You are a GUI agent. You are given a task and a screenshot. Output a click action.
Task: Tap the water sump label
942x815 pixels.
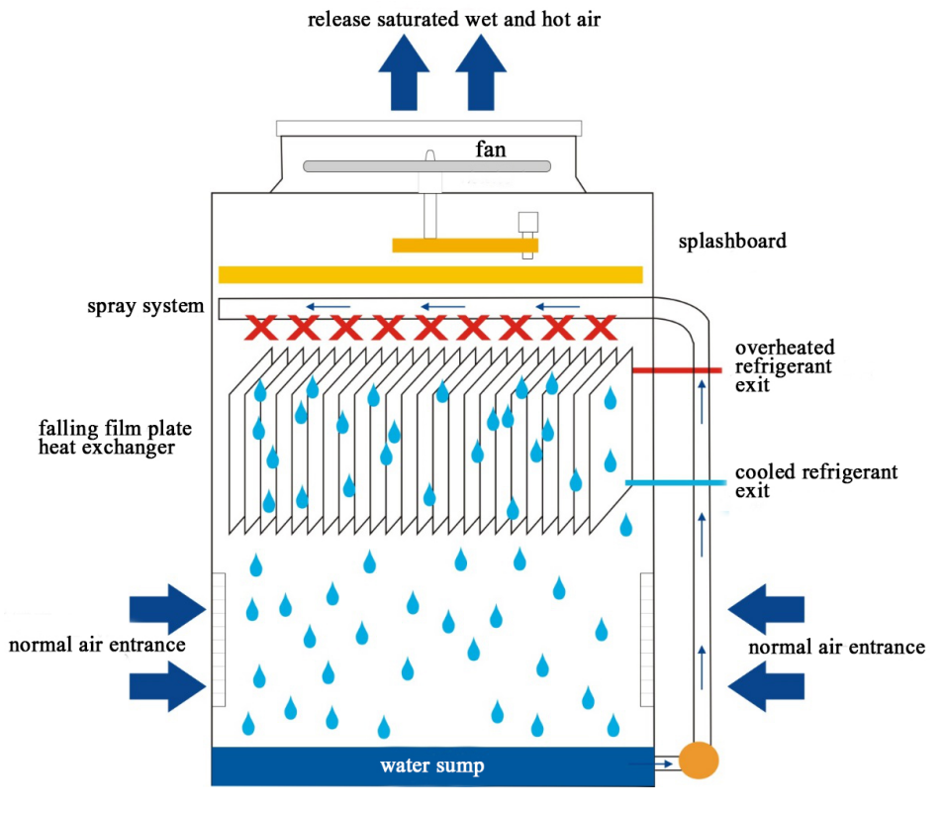click(432, 765)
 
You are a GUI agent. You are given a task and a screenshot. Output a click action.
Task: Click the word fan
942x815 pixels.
click(491, 150)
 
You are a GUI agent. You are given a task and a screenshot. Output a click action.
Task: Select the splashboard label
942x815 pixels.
click(732, 241)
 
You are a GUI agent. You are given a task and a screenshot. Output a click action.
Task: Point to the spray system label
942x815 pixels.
click(145, 306)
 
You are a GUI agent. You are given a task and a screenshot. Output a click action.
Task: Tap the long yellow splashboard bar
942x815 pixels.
click(430, 274)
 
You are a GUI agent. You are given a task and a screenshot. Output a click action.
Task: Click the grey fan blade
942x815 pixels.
click(427, 166)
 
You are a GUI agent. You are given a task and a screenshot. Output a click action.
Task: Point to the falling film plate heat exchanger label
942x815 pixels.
click(115, 438)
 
